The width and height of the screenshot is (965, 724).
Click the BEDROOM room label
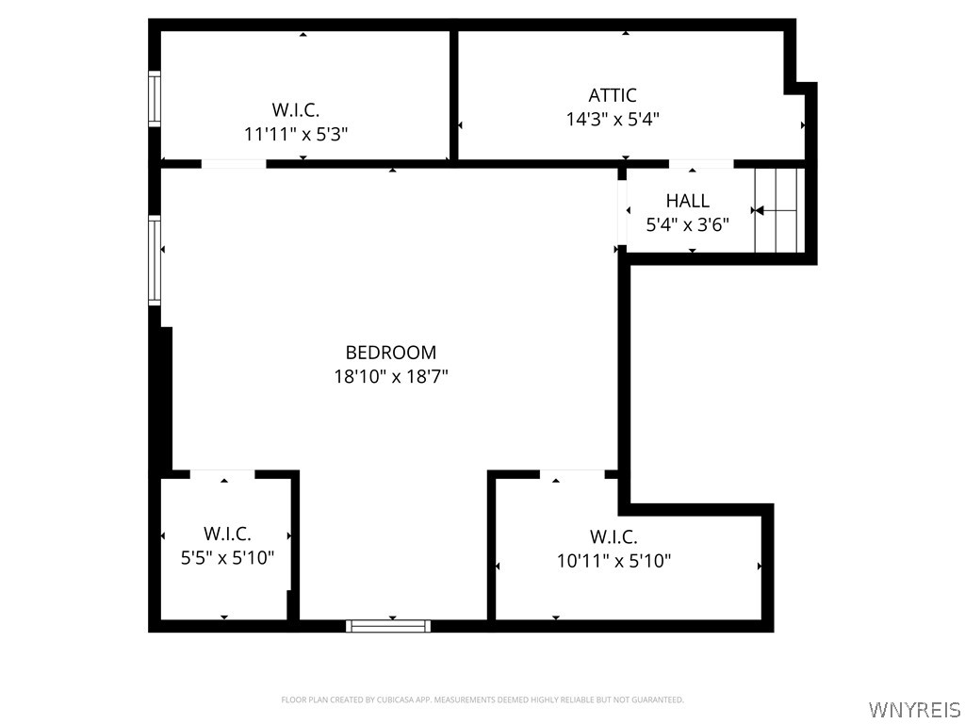(x=391, y=353)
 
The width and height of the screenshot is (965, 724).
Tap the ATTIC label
(x=613, y=95)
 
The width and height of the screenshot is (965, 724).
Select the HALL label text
(x=688, y=201)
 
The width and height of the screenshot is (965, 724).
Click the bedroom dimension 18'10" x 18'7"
(x=391, y=377)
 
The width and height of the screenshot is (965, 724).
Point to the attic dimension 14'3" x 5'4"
(x=613, y=120)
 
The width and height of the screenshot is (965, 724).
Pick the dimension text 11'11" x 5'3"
(x=296, y=134)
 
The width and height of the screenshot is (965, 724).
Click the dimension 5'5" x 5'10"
(x=227, y=558)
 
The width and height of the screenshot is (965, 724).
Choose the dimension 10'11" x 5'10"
(x=613, y=562)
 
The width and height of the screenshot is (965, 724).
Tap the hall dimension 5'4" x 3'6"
(x=688, y=225)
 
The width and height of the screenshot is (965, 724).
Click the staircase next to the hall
(x=779, y=210)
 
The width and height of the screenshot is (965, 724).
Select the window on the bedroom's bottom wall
(x=388, y=625)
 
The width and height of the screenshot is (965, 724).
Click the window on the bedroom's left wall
(x=155, y=260)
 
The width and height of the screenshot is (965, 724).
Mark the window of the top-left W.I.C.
(x=155, y=99)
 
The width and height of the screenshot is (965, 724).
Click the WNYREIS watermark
(x=914, y=709)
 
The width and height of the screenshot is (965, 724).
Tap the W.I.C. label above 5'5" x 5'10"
(x=227, y=534)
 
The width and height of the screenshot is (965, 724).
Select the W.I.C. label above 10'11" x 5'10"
(x=613, y=537)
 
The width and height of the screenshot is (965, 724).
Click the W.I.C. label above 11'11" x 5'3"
(x=296, y=109)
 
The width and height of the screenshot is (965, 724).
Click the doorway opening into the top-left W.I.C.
(x=234, y=164)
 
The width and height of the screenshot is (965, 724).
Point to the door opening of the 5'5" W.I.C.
(x=223, y=473)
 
